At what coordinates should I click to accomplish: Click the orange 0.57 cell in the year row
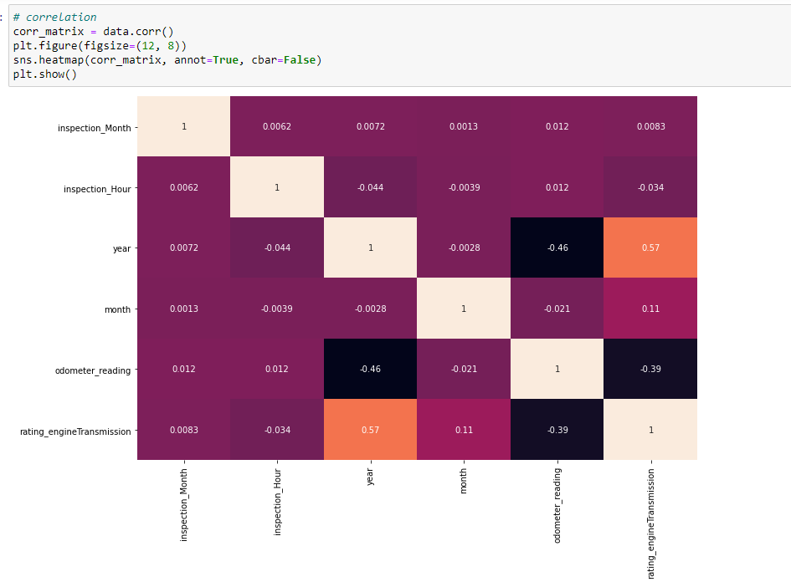[x=650, y=248]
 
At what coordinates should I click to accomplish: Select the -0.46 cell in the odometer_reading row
[x=370, y=369]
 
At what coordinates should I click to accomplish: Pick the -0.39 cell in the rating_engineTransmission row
[x=557, y=430]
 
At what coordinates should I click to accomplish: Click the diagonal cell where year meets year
[x=370, y=248]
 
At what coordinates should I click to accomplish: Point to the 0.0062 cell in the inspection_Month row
[x=276, y=126]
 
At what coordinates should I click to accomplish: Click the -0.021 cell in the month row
[x=557, y=309]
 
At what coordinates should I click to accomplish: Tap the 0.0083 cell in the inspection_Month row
[x=650, y=126]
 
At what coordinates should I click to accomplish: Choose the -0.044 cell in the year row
[x=276, y=248]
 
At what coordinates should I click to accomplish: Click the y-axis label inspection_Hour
[x=97, y=189]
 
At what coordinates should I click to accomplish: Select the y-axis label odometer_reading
[x=92, y=370]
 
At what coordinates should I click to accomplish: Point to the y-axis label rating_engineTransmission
[x=75, y=431]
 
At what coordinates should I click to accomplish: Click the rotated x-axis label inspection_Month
[x=183, y=503]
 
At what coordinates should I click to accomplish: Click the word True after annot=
[x=226, y=60]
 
